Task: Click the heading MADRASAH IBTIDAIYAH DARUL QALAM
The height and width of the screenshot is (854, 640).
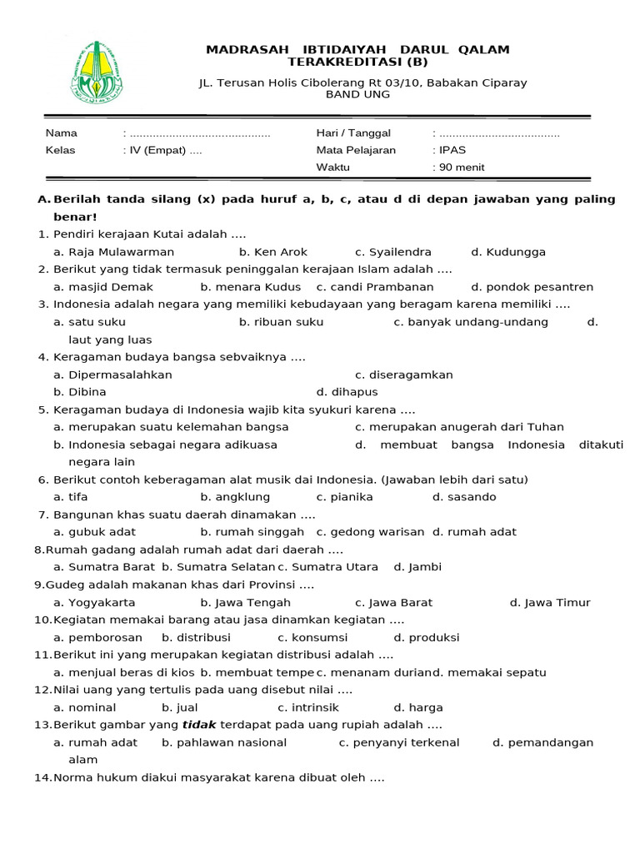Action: point(357,50)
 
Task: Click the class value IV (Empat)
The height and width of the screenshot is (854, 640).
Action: point(158,151)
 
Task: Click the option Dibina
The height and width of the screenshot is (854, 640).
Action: point(87,392)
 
